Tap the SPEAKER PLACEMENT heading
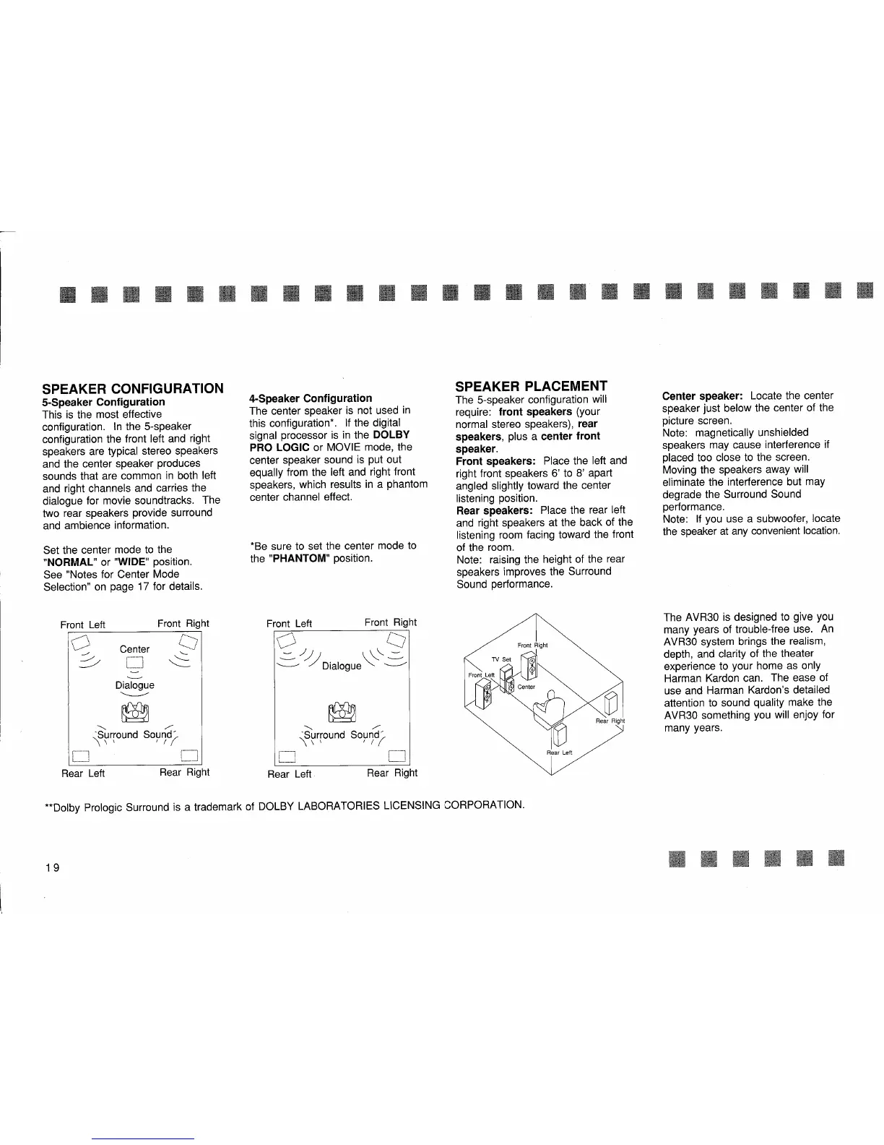click(x=531, y=385)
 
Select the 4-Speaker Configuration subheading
click(x=310, y=398)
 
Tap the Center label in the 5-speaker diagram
click(x=134, y=649)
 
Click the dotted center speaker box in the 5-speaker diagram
click(x=136, y=664)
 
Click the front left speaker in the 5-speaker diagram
click(x=79, y=640)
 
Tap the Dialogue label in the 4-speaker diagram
click(x=342, y=666)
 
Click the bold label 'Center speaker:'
click(x=703, y=396)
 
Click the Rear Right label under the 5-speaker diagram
click(x=184, y=772)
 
